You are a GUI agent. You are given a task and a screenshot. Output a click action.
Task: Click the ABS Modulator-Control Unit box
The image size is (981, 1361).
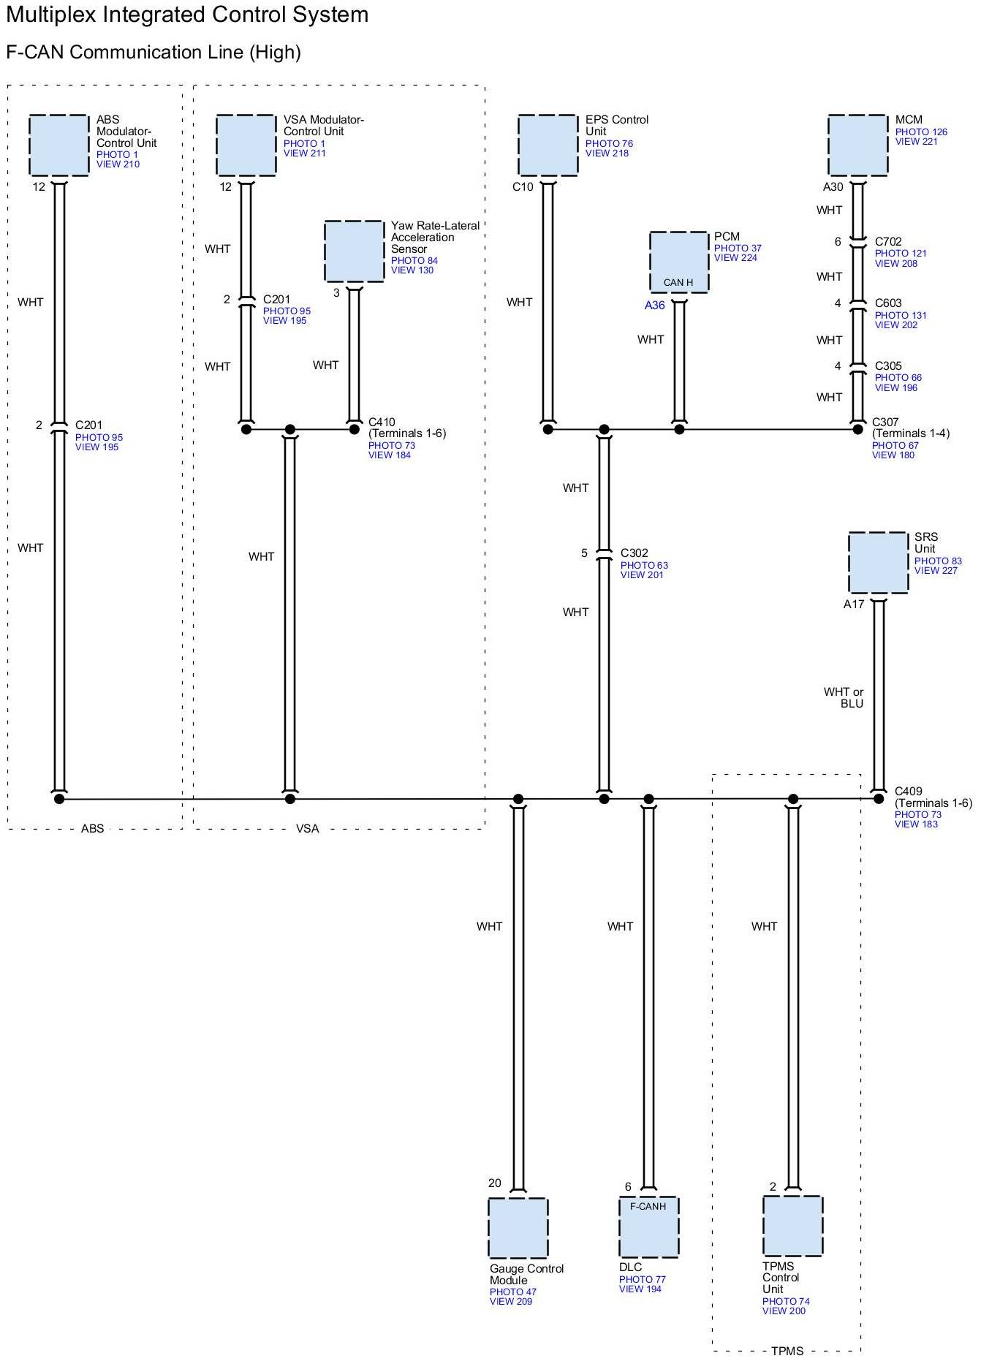click(58, 145)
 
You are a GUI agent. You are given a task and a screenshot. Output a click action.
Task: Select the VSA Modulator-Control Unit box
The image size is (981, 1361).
click(246, 145)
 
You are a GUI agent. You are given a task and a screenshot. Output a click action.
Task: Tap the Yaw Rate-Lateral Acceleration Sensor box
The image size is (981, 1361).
click(354, 251)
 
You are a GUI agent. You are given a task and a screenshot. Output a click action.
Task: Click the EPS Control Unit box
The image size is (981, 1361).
click(548, 145)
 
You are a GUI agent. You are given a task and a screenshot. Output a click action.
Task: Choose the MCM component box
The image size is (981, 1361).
click(858, 145)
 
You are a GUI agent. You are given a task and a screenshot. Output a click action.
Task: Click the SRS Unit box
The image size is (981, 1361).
click(878, 563)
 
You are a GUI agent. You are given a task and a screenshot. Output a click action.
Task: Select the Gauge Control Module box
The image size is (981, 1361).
click(518, 1228)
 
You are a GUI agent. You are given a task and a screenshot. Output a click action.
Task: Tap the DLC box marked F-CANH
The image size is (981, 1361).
click(648, 1227)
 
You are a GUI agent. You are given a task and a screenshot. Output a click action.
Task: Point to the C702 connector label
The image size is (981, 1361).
click(888, 242)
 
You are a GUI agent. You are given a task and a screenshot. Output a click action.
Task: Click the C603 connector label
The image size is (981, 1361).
click(888, 303)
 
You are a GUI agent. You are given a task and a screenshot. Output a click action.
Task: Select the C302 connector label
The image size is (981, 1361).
click(635, 553)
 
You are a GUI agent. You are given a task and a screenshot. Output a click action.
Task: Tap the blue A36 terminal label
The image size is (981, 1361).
click(654, 306)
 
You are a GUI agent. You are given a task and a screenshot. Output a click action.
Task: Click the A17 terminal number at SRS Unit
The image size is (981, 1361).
click(854, 604)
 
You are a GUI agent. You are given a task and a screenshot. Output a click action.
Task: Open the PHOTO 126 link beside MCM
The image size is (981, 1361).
click(921, 132)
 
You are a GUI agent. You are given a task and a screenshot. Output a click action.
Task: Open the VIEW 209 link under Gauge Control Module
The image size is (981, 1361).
click(511, 1301)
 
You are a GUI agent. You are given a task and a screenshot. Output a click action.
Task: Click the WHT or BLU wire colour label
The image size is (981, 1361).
click(844, 697)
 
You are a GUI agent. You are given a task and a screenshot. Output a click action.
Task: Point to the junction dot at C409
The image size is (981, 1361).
click(879, 799)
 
